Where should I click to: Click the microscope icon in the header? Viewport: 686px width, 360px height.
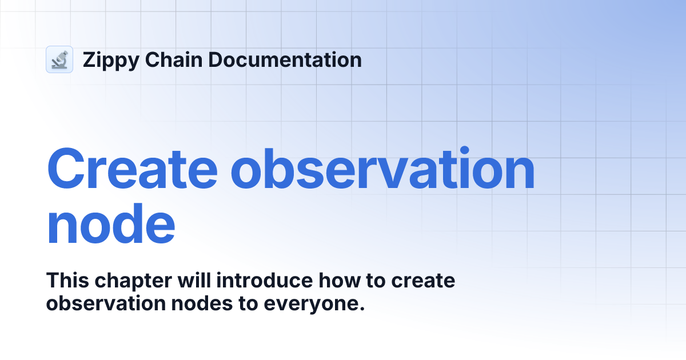point(59,59)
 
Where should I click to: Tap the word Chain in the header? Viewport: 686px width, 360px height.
point(166,59)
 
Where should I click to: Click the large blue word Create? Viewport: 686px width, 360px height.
point(133,170)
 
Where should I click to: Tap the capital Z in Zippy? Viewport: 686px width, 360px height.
point(89,59)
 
